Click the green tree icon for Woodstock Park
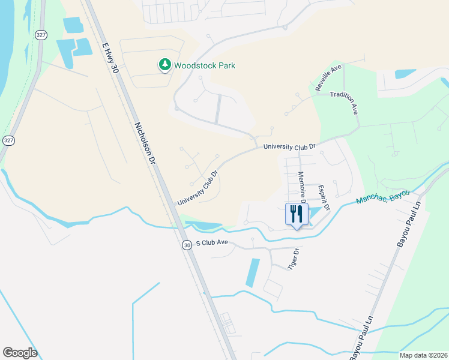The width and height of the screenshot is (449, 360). (x=164, y=65)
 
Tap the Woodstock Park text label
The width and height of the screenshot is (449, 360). (x=205, y=65)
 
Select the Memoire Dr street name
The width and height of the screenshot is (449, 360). (x=301, y=187)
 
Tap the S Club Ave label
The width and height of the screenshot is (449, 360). (x=211, y=242)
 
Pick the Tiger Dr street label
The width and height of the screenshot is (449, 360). (x=294, y=259)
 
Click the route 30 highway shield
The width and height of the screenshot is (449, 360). (x=187, y=245)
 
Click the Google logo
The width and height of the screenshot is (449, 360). (x=20, y=353)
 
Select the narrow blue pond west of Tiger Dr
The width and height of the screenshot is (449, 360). (x=253, y=272)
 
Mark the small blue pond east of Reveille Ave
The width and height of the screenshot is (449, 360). (x=405, y=74)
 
